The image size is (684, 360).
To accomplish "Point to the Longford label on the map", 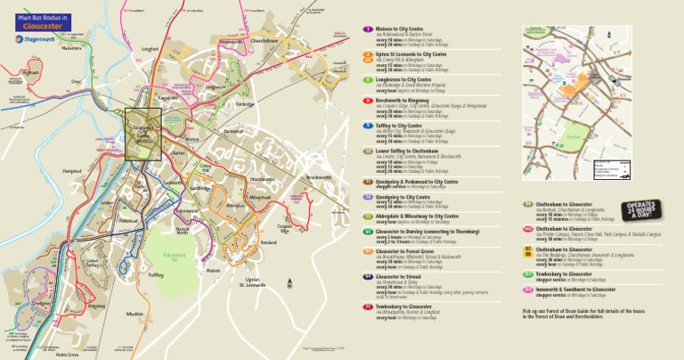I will pos(151,50).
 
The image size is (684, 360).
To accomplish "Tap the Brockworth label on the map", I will pos(318,177).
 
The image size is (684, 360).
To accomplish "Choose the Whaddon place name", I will pos(134,314).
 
